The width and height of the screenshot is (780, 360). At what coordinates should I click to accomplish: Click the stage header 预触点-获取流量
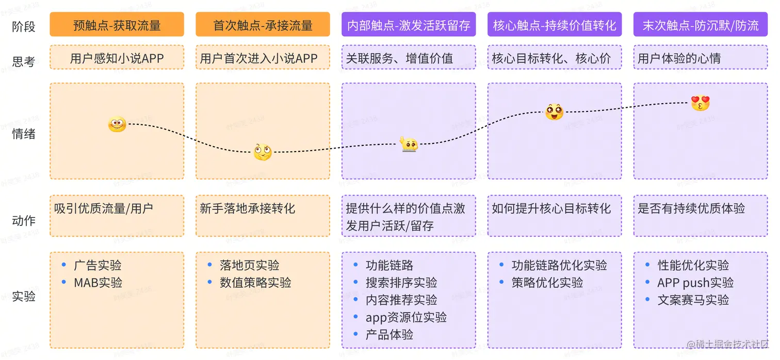[x=117, y=25]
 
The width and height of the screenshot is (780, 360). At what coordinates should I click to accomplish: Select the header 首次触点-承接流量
[x=263, y=25]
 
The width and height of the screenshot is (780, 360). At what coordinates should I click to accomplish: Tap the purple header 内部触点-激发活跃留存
[x=409, y=25]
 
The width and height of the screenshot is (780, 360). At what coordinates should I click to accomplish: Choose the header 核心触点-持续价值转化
[x=555, y=25]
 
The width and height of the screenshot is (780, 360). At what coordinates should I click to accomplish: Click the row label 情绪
[x=24, y=134]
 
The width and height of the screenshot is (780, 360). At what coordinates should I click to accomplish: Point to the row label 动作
[x=24, y=221]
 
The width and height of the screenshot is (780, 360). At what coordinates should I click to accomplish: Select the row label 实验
[x=24, y=297]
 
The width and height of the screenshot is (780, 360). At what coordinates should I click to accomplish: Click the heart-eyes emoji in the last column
[x=700, y=103]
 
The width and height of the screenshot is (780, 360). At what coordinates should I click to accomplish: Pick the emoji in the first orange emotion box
[x=117, y=124]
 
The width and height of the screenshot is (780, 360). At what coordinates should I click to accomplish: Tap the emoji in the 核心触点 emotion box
[x=554, y=111]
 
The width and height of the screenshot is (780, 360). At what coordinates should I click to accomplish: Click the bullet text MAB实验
[x=98, y=283]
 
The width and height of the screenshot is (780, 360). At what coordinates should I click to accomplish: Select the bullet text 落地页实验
[x=249, y=266]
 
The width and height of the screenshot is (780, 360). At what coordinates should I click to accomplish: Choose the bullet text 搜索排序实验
[x=401, y=283]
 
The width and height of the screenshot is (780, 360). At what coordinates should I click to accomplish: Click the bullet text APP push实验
[x=695, y=283]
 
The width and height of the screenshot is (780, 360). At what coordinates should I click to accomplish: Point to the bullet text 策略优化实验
[x=547, y=283]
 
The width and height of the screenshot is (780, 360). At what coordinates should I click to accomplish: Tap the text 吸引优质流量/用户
[x=103, y=208]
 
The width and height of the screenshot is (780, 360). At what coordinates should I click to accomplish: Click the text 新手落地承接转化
[x=248, y=208]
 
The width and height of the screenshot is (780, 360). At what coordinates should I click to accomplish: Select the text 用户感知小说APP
[x=117, y=58]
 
